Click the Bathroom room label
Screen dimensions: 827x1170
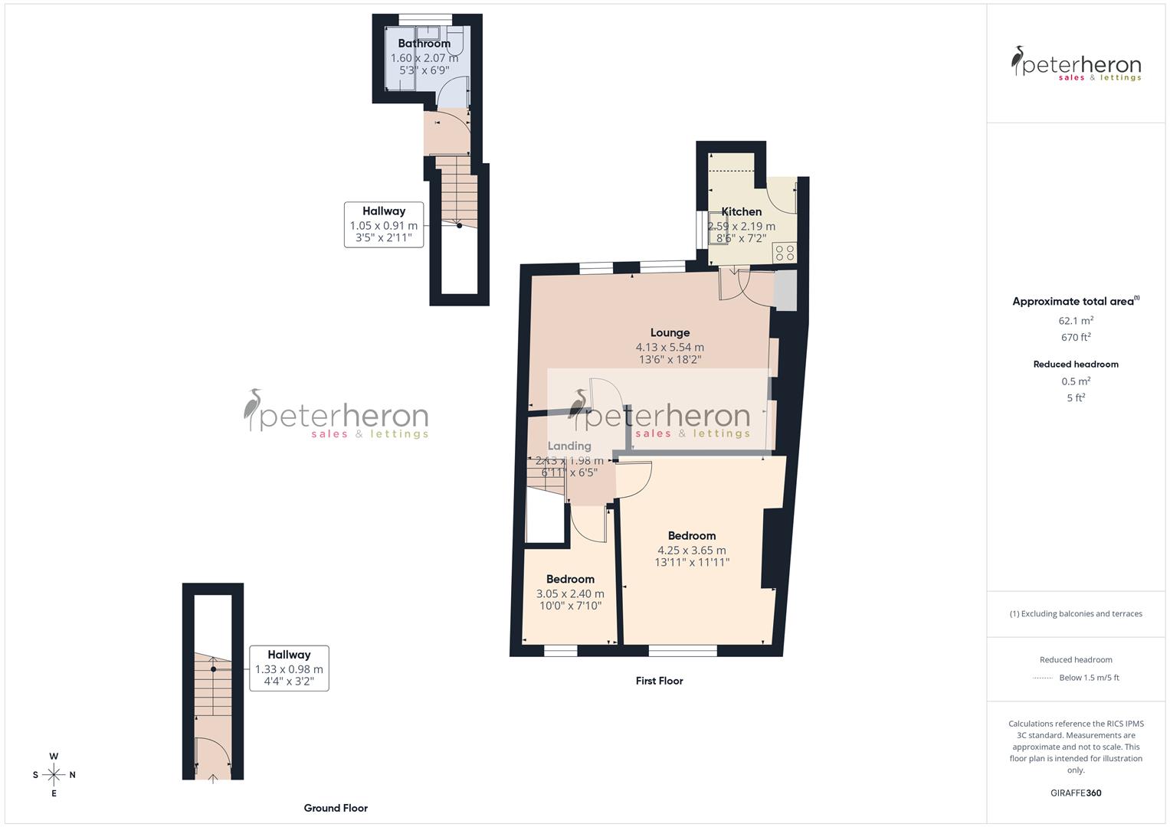(x=424, y=44)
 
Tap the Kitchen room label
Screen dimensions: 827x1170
(x=741, y=211)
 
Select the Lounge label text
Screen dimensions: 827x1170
(x=670, y=332)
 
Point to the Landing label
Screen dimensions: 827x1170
(x=569, y=446)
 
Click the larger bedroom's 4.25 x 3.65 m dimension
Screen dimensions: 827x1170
(x=691, y=550)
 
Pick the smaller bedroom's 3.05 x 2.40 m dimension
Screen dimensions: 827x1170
(x=570, y=593)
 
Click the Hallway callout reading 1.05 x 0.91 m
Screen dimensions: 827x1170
(x=384, y=225)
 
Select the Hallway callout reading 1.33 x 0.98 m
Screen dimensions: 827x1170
(x=289, y=668)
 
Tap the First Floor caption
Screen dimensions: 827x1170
(x=659, y=681)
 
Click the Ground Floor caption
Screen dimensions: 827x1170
(x=336, y=808)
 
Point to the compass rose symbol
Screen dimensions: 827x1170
(x=54, y=775)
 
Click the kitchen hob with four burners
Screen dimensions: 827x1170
(x=784, y=253)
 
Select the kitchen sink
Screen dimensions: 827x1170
(x=718, y=221)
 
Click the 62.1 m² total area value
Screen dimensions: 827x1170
(x=1076, y=321)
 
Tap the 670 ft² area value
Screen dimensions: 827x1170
(x=1076, y=338)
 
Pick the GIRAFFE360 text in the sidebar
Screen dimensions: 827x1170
(x=1076, y=793)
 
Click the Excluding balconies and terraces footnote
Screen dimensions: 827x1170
(x=1076, y=613)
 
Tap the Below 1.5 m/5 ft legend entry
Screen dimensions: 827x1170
(x=1088, y=678)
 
